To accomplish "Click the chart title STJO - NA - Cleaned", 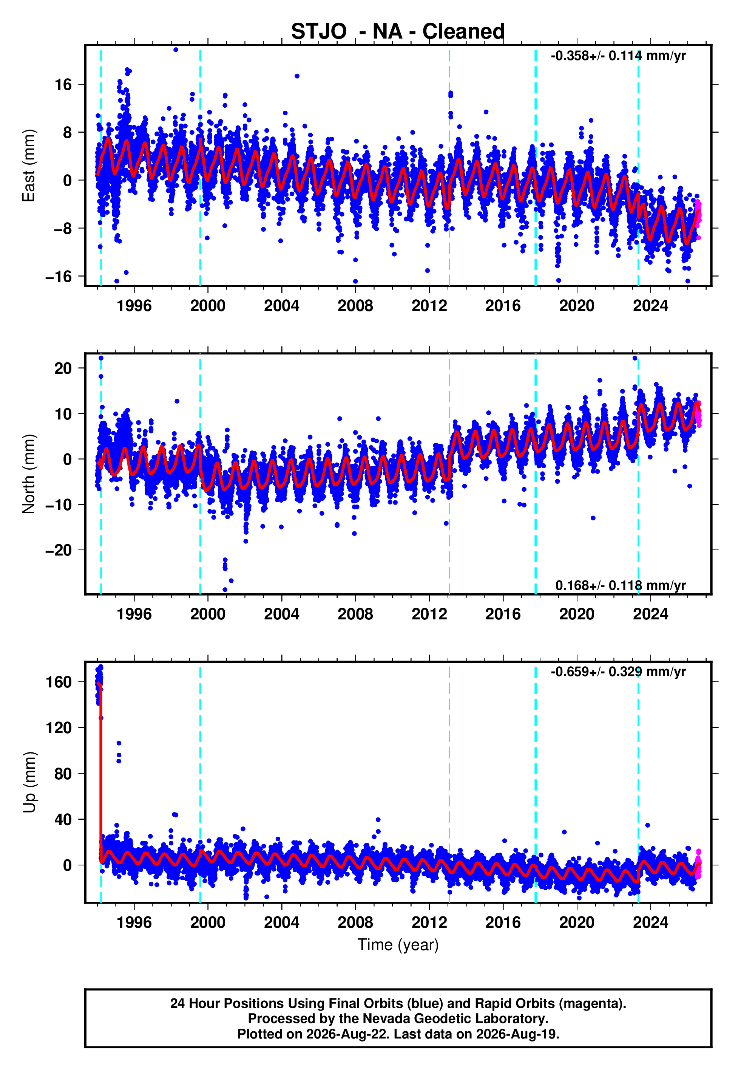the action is click(x=398, y=32).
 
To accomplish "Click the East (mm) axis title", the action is click(x=29, y=166).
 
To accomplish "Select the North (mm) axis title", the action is click(x=29, y=474).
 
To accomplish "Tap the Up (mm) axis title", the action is click(x=29, y=782).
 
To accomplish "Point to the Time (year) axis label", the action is click(x=398, y=945).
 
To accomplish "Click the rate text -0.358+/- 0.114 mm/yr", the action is click(x=618, y=56).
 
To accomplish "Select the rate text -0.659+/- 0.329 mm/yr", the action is click(x=618, y=672).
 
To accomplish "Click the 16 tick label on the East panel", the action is click(x=63, y=85).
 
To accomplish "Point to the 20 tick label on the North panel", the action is click(x=63, y=368).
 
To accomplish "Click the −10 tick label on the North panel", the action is click(x=59, y=505).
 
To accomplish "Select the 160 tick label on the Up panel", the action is click(x=59, y=682).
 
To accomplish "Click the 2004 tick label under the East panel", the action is click(x=281, y=306).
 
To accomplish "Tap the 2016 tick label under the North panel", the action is click(x=503, y=614).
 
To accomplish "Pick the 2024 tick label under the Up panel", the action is click(x=650, y=922).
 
